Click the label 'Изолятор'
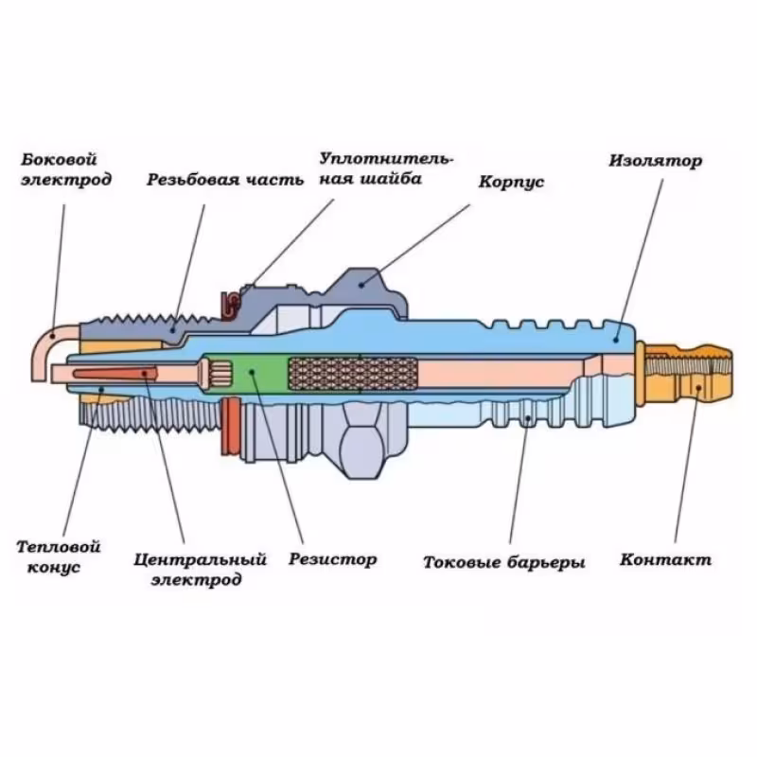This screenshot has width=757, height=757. [x=655, y=160]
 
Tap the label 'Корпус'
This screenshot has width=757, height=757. [x=511, y=182]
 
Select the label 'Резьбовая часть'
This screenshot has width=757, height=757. [x=225, y=179]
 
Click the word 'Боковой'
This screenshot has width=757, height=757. [x=59, y=160]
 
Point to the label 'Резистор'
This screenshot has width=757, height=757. [x=333, y=559]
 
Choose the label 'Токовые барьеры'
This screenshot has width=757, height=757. [x=504, y=562]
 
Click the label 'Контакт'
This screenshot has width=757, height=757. [x=665, y=559]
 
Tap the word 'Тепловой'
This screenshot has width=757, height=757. [x=59, y=546]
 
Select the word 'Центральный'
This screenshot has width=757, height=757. [x=201, y=559]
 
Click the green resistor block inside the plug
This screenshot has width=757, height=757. [x=251, y=373]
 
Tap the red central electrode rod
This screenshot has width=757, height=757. [x=104, y=375]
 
